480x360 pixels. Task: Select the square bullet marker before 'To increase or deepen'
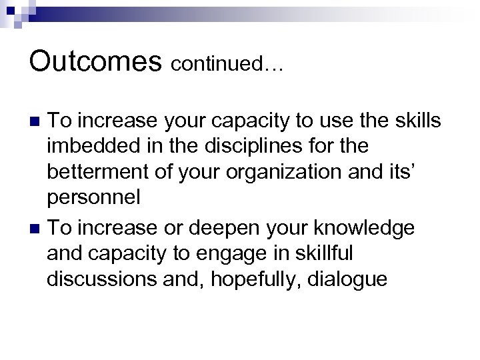36,229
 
